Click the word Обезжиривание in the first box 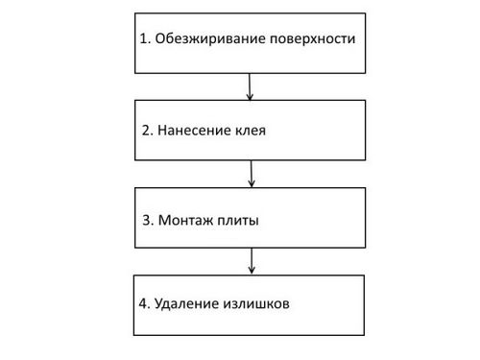pyautogui.click(x=210, y=39)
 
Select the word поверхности pyautogui.click(x=313, y=39)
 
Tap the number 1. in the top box pyautogui.click(x=145, y=38)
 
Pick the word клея pyautogui.click(x=251, y=132)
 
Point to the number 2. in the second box pyautogui.click(x=148, y=131)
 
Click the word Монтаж pyautogui.click(x=186, y=220)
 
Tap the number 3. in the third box pyautogui.click(x=148, y=220)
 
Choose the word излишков pyautogui.click(x=256, y=304)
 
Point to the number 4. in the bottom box pyautogui.click(x=144, y=303)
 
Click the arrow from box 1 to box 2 pyautogui.click(x=250, y=86)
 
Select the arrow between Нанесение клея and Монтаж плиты pyautogui.click(x=252, y=174)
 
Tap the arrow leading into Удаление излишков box pyautogui.click(x=252, y=261)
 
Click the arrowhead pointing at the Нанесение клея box pyautogui.click(x=250, y=97)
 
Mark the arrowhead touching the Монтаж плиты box pyautogui.click(x=252, y=183)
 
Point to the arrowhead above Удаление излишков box pyautogui.click(x=252, y=271)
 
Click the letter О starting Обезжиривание pyautogui.click(x=160, y=38)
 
